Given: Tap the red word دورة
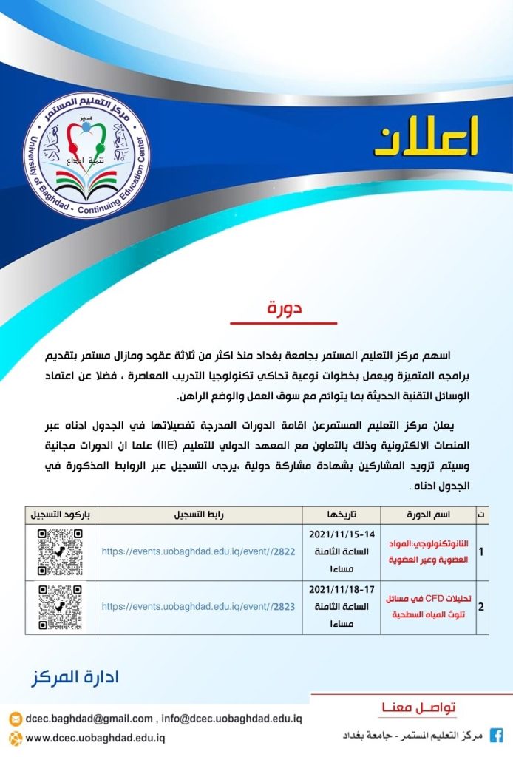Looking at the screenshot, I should [x=285, y=308].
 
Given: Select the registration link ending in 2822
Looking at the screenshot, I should [x=198, y=551].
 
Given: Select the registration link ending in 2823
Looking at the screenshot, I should [x=198, y=607].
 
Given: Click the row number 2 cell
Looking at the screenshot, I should [x=481, y=608].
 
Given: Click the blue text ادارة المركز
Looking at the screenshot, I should [x=75, y=677].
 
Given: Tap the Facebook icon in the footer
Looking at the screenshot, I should [x=497, y=736].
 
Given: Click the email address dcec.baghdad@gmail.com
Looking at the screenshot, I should [x=89, y=719].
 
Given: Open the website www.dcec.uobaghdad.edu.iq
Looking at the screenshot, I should [x=95, y=738].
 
